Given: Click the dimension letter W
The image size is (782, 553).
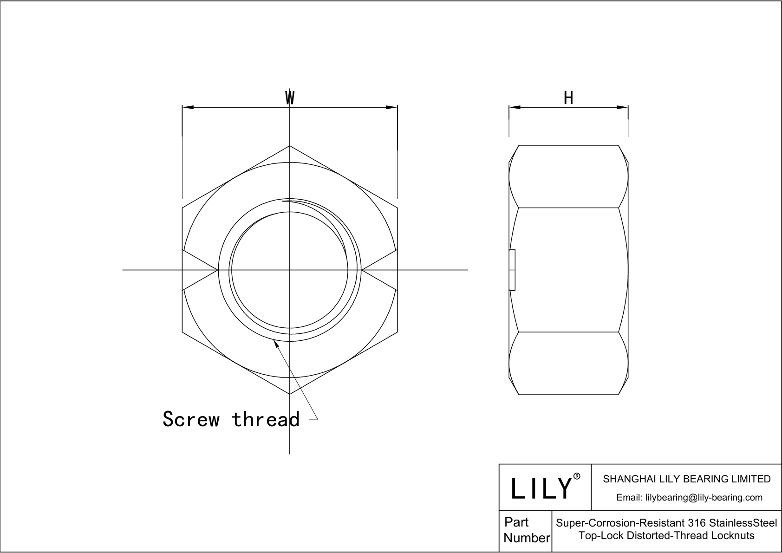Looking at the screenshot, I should point(290,98).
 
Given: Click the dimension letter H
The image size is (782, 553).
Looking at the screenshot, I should point(568,98).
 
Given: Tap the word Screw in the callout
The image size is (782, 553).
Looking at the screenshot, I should point(191,419).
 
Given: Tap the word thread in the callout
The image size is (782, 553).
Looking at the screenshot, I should point(265,419).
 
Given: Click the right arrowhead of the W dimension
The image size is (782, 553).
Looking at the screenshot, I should point(392,107).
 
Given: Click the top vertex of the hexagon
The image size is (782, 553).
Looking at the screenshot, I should point(290,146).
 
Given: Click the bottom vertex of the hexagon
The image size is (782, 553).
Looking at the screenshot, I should point(290,394).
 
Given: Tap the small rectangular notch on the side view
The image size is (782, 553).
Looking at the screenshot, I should point(512,270).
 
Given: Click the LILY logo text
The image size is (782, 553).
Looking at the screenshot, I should point(541,488).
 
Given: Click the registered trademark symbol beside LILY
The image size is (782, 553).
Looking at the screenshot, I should point(577,476).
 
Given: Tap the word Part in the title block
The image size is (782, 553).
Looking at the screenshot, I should point(516,522).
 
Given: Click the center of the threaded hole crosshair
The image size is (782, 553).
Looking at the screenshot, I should point(290,269).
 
